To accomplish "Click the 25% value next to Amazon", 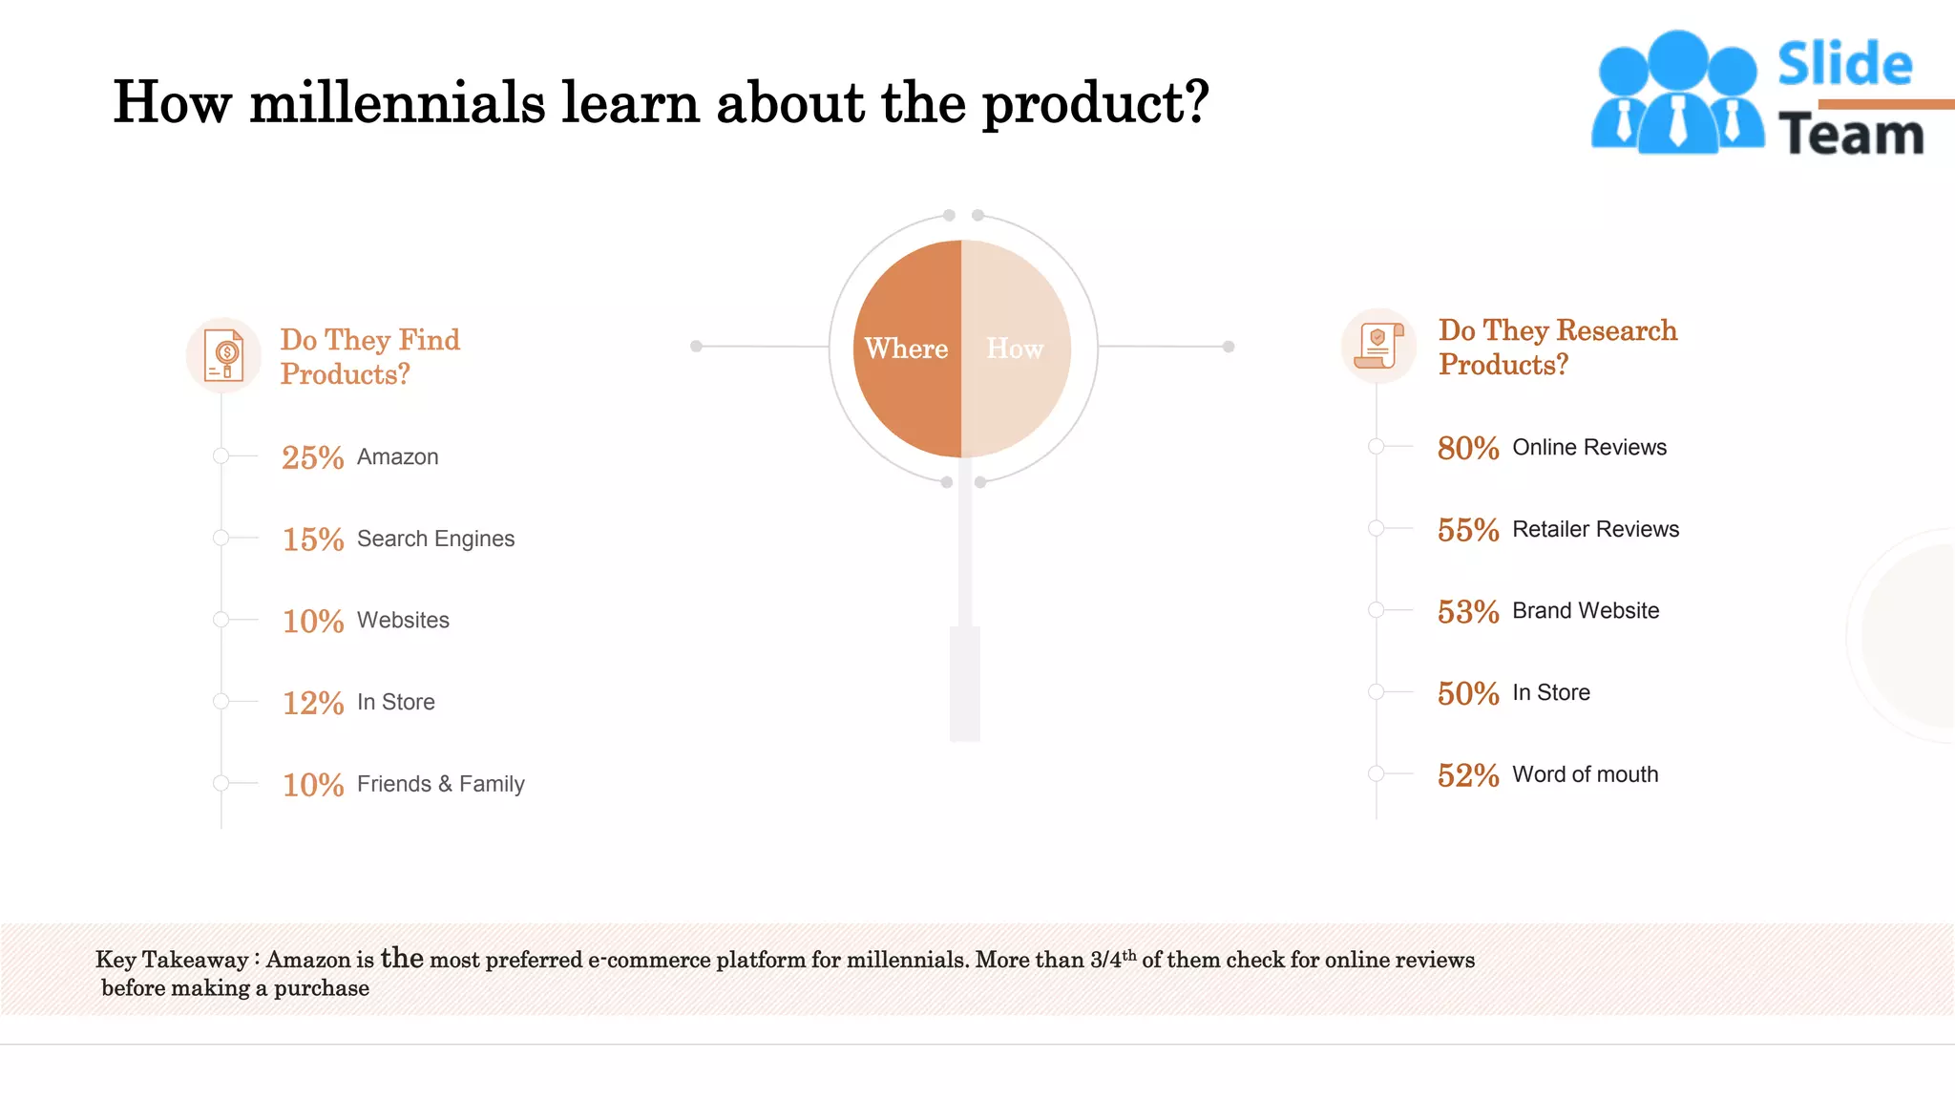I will [312, 457].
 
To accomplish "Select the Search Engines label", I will [435, 539].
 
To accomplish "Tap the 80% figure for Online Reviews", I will [1467, 448].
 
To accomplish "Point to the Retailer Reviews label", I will [1595, 529].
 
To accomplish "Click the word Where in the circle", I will [906, 349].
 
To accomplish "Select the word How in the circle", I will [1015, 349].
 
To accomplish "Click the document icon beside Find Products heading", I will [224, 355].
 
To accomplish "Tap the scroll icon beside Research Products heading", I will [1378, 346].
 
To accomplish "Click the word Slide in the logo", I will [1844, 65].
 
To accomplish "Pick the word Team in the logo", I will [1850, 135].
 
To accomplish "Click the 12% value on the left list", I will [312, 703].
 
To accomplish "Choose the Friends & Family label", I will [440, 784].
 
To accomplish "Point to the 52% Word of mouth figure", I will [1467, 775].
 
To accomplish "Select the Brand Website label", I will [1586, 610].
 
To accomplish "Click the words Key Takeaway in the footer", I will [172, 960].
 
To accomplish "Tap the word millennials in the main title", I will [397, 102].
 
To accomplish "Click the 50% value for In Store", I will [1467, 693].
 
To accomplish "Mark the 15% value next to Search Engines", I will [312, 539].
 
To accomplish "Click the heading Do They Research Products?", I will [1557, 348].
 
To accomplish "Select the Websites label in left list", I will [403, 620].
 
